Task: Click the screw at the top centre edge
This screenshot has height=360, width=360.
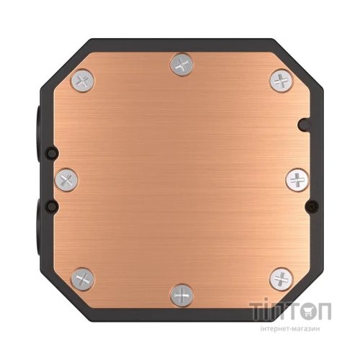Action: (181, 66)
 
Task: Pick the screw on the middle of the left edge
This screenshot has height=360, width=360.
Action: (66, 178)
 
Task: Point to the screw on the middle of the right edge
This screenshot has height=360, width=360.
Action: (296, 178)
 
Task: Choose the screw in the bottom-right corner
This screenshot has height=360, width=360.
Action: (279, 276)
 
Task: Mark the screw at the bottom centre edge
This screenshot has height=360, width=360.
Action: (181, 293)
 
